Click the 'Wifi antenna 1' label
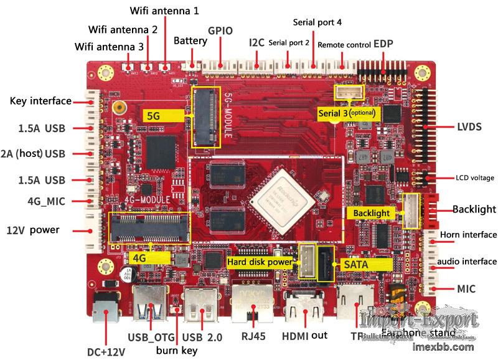165,11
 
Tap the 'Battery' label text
190,40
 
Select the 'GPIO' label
220,31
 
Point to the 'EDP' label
384,44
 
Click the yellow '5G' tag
153,115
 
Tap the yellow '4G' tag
139,257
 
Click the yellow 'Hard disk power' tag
260,262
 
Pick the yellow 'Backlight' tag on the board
372,213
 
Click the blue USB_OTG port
150,305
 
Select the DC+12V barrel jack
106,310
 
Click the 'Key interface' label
40,101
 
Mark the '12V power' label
32,230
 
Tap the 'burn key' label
177,350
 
